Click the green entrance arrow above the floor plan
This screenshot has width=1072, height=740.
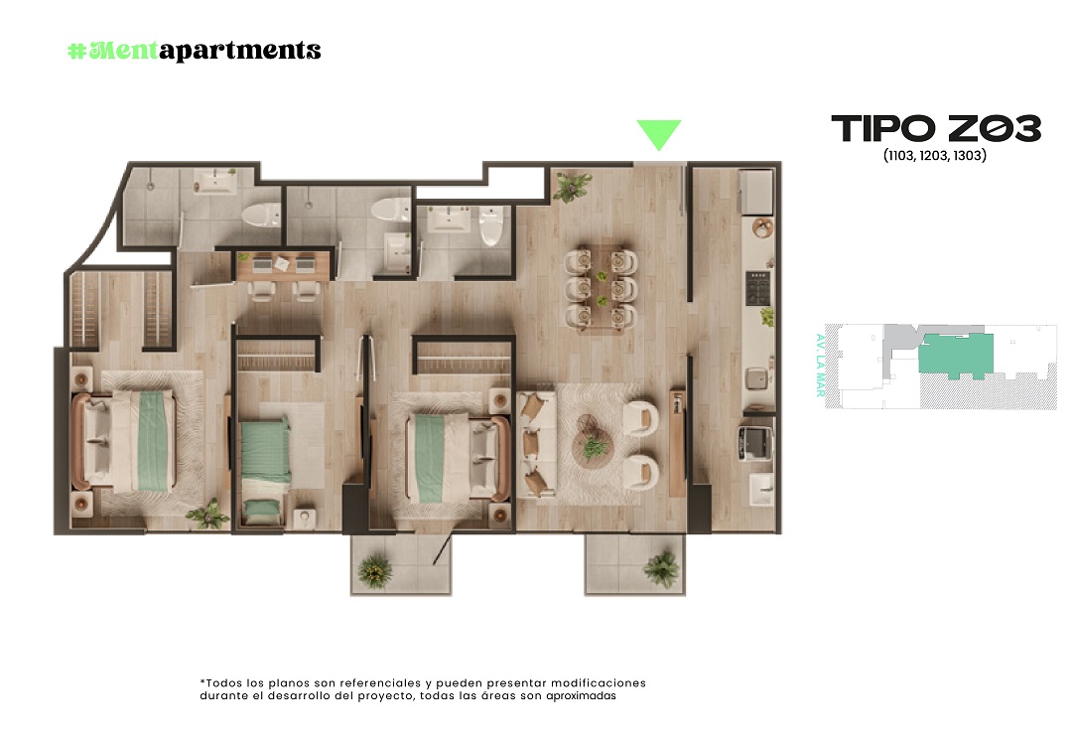[659, 134]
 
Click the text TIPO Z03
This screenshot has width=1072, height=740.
[936, 128]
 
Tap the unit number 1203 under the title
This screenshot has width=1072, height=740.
[934, 155]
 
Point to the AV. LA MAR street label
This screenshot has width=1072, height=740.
[821, 366]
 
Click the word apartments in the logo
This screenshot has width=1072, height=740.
[240, 51]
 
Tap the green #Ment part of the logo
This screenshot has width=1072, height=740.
[113, 51]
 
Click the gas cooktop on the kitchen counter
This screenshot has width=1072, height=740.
[757, 288]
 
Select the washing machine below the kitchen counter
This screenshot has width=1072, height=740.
[755, 442]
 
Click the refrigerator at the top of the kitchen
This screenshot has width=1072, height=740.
[756, 192]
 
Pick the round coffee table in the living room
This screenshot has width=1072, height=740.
[594, 441]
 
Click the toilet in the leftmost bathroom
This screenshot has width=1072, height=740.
[262, 215]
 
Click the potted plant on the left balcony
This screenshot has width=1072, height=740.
[374, 570]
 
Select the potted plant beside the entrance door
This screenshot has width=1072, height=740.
[572, 186]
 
